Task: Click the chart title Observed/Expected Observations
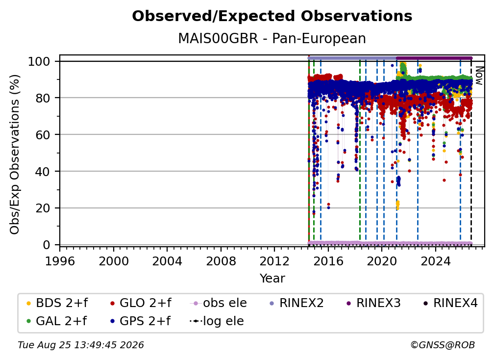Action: coord(272,16)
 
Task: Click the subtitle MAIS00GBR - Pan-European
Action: coord(272,38)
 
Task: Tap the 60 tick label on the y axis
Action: coord(43,135)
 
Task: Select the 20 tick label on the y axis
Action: coord(43,208)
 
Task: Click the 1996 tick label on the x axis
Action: coord(60,261)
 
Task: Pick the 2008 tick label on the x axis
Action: coord(221,261)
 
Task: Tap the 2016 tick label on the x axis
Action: coord(328,261)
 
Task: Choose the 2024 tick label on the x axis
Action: coord(436,261)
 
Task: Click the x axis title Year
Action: coord(272,279)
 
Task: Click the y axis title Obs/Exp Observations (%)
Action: coord(15,154)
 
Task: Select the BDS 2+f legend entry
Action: coord(57,303)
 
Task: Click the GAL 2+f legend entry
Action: coord(56,321)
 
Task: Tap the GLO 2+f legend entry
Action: coord(141,303)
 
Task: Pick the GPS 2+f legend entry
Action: coord(140,321)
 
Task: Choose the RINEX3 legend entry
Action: coord(373,303)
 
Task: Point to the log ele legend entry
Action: coord(217,321)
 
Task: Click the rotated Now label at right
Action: coord(479,76)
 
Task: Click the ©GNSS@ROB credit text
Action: coord(443,345)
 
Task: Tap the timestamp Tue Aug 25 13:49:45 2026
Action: coord(81,345)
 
